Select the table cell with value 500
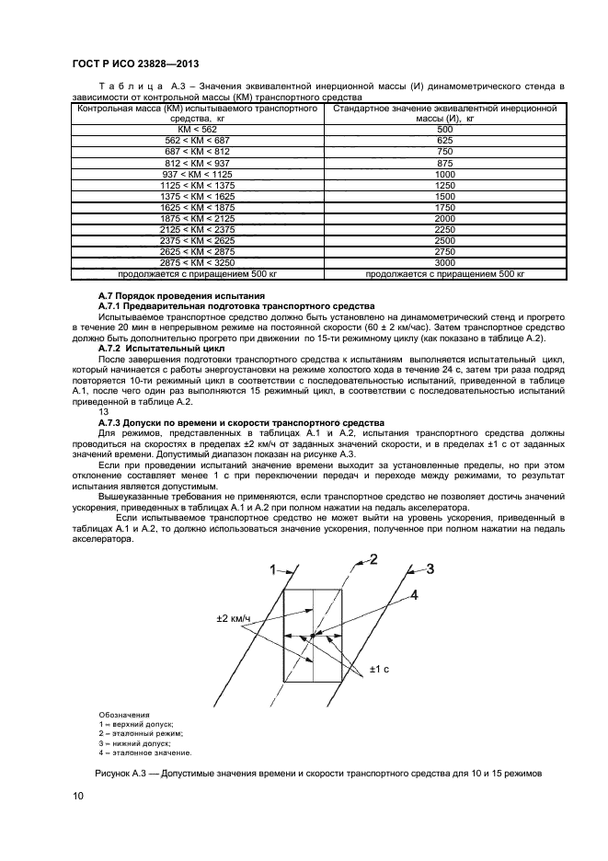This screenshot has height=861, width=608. tap(445, 130)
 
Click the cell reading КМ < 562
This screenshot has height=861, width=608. tap(197, 130)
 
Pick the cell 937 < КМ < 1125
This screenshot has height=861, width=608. tap(197, 174)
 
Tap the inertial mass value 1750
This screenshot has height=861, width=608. tap(445, 207)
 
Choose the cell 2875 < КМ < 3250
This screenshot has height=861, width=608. tap(197, 262)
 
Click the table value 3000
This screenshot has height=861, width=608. tap(445, 262)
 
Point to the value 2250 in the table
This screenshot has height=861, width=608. tap(445, 229)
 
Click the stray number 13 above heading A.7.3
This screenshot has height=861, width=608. tap(103, 413)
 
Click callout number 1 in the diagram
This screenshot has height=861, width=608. tap(272, 570)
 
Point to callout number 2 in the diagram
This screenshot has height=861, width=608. tap(373, 559)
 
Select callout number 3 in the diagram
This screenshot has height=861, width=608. tap(429, 568)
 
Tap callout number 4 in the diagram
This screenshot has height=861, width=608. tap(414, 594)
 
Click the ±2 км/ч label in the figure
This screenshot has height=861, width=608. tap(235, 617)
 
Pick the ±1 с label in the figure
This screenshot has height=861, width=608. tap(381, 669)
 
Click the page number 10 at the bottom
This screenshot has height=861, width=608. tap(78, 798)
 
